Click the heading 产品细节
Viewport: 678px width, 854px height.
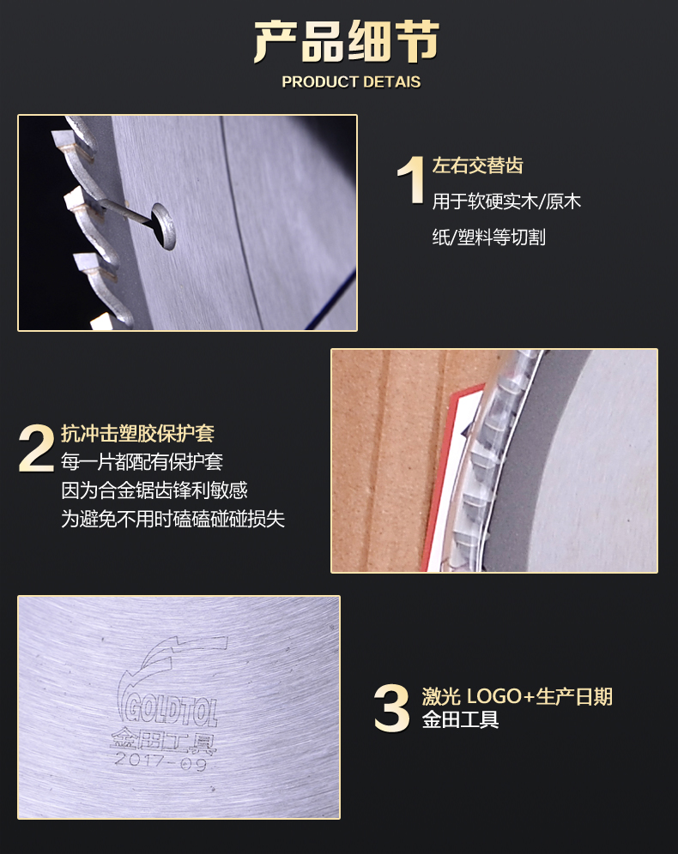click(x=346, y=42)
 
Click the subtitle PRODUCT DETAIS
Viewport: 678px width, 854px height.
click(x=351, y=81)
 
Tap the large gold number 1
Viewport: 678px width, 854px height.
click(x=411, y=180)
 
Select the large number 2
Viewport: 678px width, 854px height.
click(x=37, y=448)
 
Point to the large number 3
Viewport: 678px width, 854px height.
click(x=391, y=707)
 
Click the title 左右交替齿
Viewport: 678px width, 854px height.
click(x=477, y=165)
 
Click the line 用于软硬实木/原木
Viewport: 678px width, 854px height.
click(x=506, y=201)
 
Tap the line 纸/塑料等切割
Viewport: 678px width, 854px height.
click(x=489, y=238)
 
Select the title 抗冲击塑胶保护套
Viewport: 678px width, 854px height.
click(x=137, y=434)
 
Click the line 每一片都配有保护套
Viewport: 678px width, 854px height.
click(x=142, y=462)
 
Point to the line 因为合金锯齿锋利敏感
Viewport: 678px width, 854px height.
click(x=154, y=490)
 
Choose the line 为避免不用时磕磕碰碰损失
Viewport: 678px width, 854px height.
click(x=173, y=519)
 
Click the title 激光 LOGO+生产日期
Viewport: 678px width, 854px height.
click(x=518, y=696)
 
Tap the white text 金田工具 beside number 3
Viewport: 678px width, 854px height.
click(x=461, y=720)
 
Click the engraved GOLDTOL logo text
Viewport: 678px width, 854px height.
click(x=169, y=708)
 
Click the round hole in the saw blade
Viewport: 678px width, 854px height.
click(x=164, y=226)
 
